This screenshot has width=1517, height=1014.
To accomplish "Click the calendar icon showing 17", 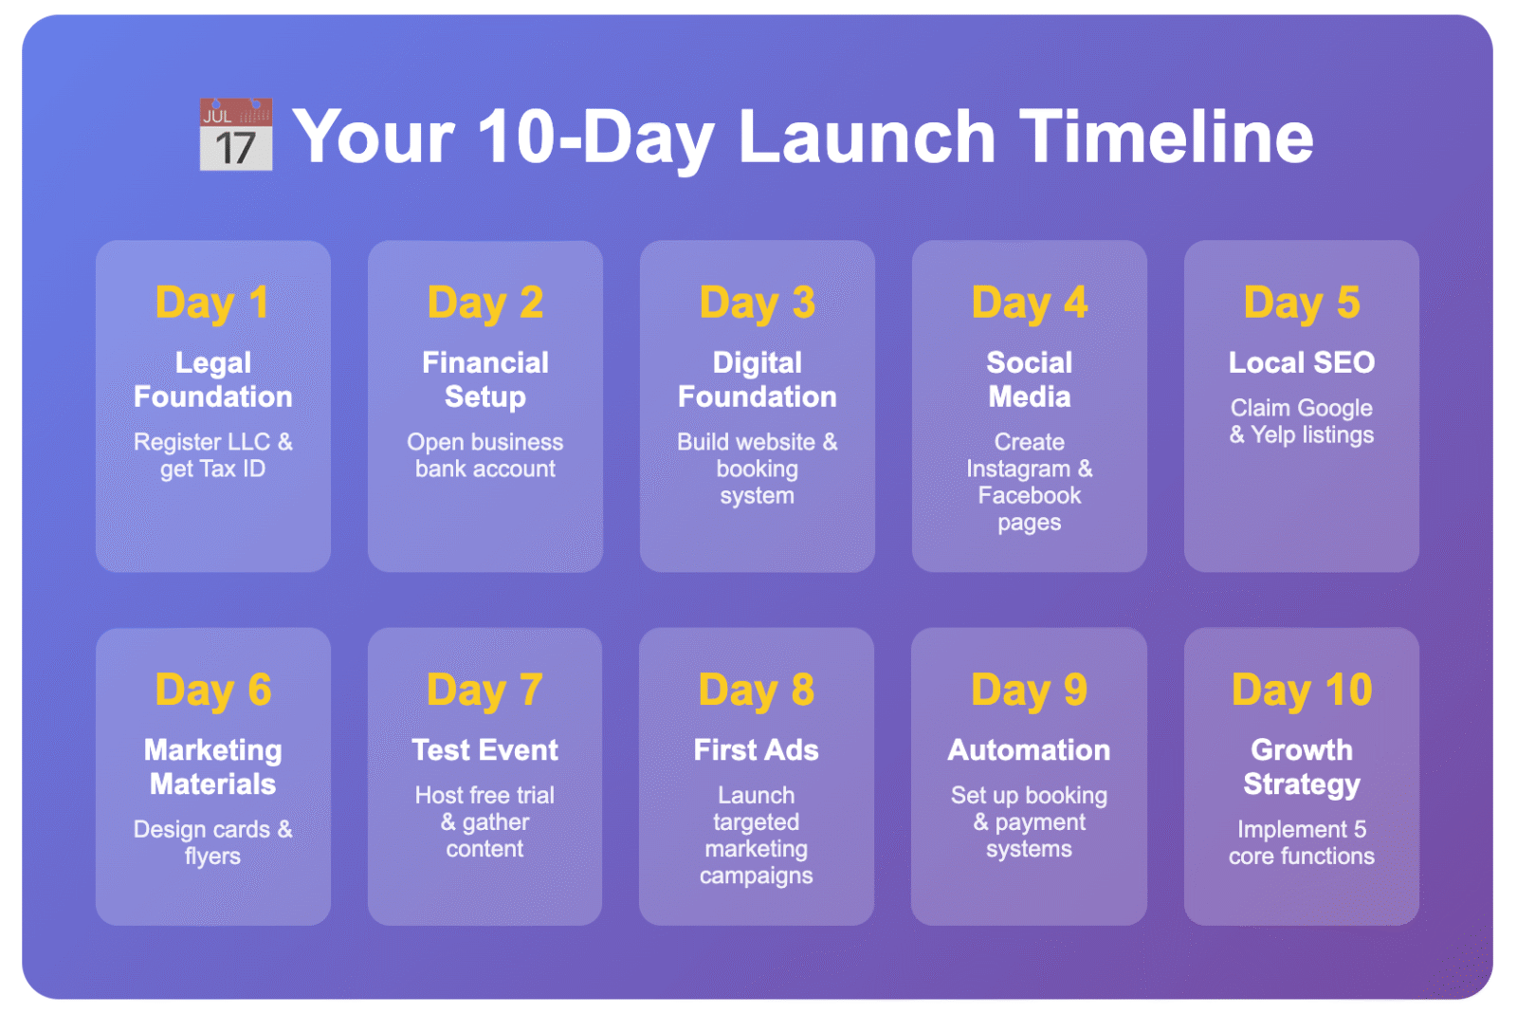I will coord(235,136).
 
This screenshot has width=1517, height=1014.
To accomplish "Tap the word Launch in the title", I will coord(866,137).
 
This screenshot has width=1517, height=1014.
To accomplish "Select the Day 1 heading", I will coord(212,304).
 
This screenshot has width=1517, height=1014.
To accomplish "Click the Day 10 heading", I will coord(1301,691).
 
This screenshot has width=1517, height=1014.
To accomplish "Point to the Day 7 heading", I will coord(484,691).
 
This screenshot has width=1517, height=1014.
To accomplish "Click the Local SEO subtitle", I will coord(1301,362).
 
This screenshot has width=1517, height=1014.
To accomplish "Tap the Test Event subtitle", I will coord(484,750).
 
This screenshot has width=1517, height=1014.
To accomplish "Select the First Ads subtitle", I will coord(756,750).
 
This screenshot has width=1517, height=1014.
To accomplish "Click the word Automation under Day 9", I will coord(1029,750).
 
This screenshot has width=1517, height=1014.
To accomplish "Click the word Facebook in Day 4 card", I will coord(1029,495).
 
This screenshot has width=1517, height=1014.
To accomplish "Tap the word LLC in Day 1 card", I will coord(248,442).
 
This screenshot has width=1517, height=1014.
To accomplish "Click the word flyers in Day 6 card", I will coord(212,857).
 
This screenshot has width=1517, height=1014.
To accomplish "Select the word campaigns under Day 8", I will coord(756,876).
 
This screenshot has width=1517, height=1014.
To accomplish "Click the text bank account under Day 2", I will coord(484,469).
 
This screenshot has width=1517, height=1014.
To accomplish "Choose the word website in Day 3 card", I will coord(768,442).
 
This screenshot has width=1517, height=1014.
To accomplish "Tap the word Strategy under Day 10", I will coord(1301,784).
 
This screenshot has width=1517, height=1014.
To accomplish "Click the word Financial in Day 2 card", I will coord(484,362).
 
